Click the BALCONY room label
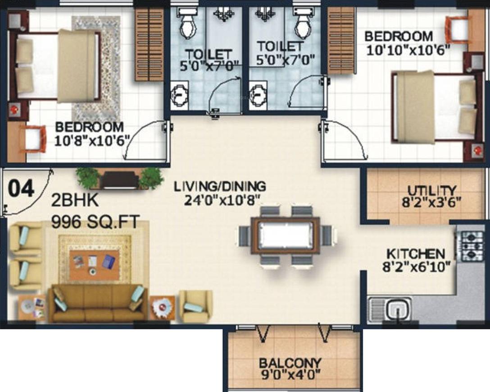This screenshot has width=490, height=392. tap(290, 363)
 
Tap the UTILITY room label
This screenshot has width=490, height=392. tap(431, 190)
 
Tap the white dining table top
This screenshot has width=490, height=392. tap(285, 235)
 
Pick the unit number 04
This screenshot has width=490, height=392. tap(21, 189)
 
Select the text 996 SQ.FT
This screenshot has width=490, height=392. tap(95, 222)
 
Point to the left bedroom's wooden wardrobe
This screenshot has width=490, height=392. tap(150, 44)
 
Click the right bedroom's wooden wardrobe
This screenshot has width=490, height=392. tap(341, 41)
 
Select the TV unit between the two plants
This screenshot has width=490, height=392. tap(120, 180)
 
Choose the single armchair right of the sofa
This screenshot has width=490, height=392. tap(196, 306)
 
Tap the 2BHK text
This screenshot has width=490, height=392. tap(75, 201)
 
